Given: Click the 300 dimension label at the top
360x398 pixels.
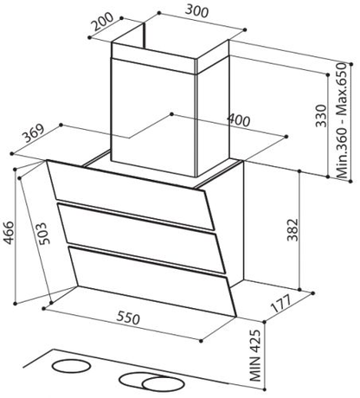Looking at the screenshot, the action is (x=196, y=11).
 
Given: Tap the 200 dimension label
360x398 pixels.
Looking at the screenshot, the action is (x=104, y=21).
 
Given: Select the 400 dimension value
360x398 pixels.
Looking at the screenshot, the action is (x=239, y=120).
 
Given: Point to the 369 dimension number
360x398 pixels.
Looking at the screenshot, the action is (x=34, y=133).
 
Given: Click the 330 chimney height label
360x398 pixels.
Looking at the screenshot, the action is (x=321, y=116).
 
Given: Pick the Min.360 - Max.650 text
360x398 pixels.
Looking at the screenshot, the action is (x=343, y=120).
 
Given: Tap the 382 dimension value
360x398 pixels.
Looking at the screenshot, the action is (x=292, y=230).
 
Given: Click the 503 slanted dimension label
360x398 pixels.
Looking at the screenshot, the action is (x=42, y=234).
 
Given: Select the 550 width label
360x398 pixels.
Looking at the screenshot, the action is (x=128, y=318).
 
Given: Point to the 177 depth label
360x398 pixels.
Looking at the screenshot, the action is (x=282, y=304).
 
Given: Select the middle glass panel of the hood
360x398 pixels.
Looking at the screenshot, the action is (x=142, y=237).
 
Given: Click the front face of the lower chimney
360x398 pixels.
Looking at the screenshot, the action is (x=154, y=117).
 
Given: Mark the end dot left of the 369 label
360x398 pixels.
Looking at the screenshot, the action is (x=12, y=154).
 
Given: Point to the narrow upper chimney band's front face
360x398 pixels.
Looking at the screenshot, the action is (x=154, y=58).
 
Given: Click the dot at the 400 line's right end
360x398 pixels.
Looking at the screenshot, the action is (x=286, y=137).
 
